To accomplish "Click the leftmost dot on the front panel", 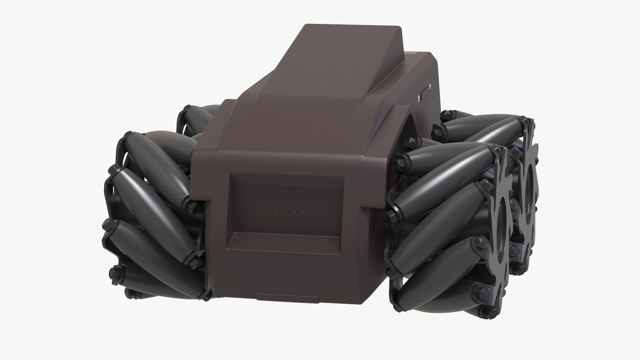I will (272, 212).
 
